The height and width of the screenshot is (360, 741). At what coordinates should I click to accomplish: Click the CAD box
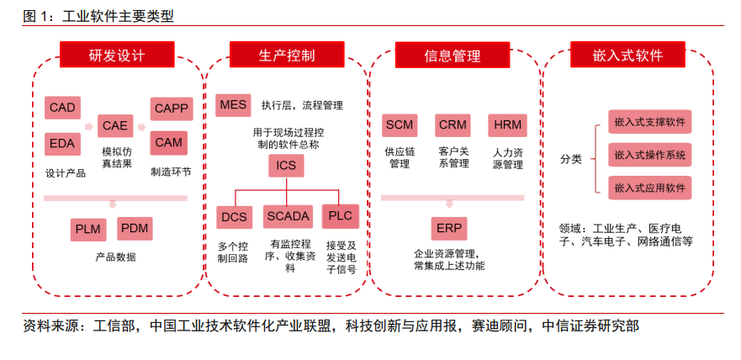62,108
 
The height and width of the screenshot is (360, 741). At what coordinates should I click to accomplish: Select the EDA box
62,144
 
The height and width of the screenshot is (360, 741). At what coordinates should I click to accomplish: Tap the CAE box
115,125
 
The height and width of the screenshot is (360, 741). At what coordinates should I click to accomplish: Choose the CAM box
169,143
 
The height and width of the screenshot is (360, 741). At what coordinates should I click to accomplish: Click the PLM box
88,230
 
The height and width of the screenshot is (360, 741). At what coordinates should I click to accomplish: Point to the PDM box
135,229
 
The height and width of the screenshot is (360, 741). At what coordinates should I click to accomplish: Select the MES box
233,105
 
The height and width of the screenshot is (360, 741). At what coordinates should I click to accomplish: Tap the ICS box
286,166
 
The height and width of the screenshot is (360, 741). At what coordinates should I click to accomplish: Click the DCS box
235,217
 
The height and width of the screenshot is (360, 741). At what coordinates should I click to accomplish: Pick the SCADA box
288,217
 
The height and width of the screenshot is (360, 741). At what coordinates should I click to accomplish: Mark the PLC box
341,216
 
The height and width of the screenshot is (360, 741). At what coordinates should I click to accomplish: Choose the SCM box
400,125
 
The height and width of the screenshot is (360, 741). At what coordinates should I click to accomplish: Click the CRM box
453,125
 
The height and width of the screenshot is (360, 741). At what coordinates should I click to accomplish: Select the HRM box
507,125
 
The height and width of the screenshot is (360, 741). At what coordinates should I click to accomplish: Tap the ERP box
449,229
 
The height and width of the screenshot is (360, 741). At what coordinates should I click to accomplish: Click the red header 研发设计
117,55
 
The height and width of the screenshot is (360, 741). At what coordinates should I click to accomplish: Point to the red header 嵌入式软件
627,55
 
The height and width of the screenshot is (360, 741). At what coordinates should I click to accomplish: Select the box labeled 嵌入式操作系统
650,155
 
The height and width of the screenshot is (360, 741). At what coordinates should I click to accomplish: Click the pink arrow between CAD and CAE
89,127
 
